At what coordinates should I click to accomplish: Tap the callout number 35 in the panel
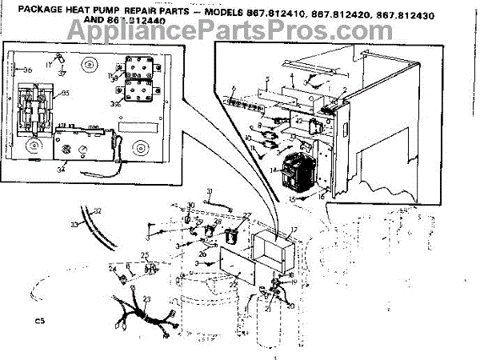point(66,94)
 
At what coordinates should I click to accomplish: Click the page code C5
point(38,321)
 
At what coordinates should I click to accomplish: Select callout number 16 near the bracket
point(321,194)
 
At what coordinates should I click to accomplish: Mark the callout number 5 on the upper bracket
point(266,79)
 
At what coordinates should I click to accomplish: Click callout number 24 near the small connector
point(114,267)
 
